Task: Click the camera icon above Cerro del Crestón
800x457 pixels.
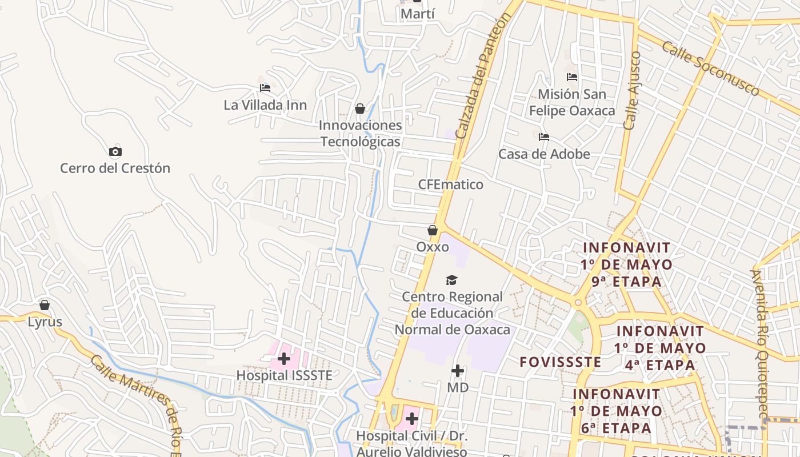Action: coord(115,151)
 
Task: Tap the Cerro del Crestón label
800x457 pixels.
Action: coord(115,168)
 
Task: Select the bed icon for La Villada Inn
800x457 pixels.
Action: coord(265,88)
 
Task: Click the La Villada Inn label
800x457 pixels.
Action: coord(265,105)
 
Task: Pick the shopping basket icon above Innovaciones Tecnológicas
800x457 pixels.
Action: coord(360,109)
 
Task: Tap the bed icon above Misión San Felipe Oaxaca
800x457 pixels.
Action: coord(572,77)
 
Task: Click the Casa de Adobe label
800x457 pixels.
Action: coord(544,154)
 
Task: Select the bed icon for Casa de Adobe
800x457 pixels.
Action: coord(544,137)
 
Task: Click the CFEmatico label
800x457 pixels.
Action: coord(450,185)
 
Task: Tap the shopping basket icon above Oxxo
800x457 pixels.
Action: coord(433,230)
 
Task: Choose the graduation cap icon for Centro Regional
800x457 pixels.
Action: coord(452,280)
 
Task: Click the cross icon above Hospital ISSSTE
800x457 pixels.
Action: coord(284,359)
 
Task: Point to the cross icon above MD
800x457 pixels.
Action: coord(458,371)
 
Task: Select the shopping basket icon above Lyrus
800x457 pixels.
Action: coord(45,305)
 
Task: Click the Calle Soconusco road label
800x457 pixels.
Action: coord(711,68)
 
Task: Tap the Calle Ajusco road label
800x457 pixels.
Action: coord(633,91)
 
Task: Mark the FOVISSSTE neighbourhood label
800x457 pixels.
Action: coord(560,362)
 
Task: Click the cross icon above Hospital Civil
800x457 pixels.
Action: coord(412,419)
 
